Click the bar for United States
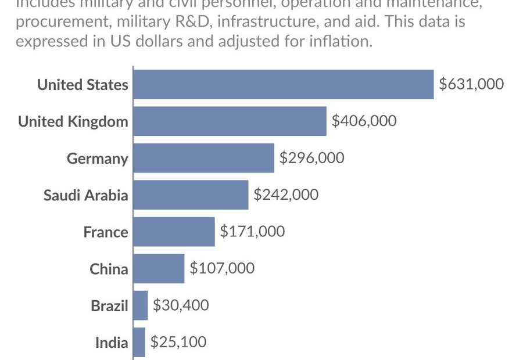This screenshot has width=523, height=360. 284,84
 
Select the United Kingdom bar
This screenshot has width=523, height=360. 230,121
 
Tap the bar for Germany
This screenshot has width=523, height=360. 203,158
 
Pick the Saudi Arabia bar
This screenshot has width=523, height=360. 191,195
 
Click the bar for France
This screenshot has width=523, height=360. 174,232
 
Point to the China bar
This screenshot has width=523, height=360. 159,268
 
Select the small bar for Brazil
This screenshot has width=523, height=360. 141,305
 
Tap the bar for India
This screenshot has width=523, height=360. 139,342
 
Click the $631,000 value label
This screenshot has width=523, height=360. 471,84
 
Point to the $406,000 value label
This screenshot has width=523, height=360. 364,121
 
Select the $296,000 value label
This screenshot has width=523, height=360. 312,158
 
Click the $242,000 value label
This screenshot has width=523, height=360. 286,195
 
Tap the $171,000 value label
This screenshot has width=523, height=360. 252,232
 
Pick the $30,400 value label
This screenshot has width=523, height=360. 181,305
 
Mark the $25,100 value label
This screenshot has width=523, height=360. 178,342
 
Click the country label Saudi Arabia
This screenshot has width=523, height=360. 85,195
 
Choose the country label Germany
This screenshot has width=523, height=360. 97,159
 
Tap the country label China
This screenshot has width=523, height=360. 109,269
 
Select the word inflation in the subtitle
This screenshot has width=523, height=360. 341,42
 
